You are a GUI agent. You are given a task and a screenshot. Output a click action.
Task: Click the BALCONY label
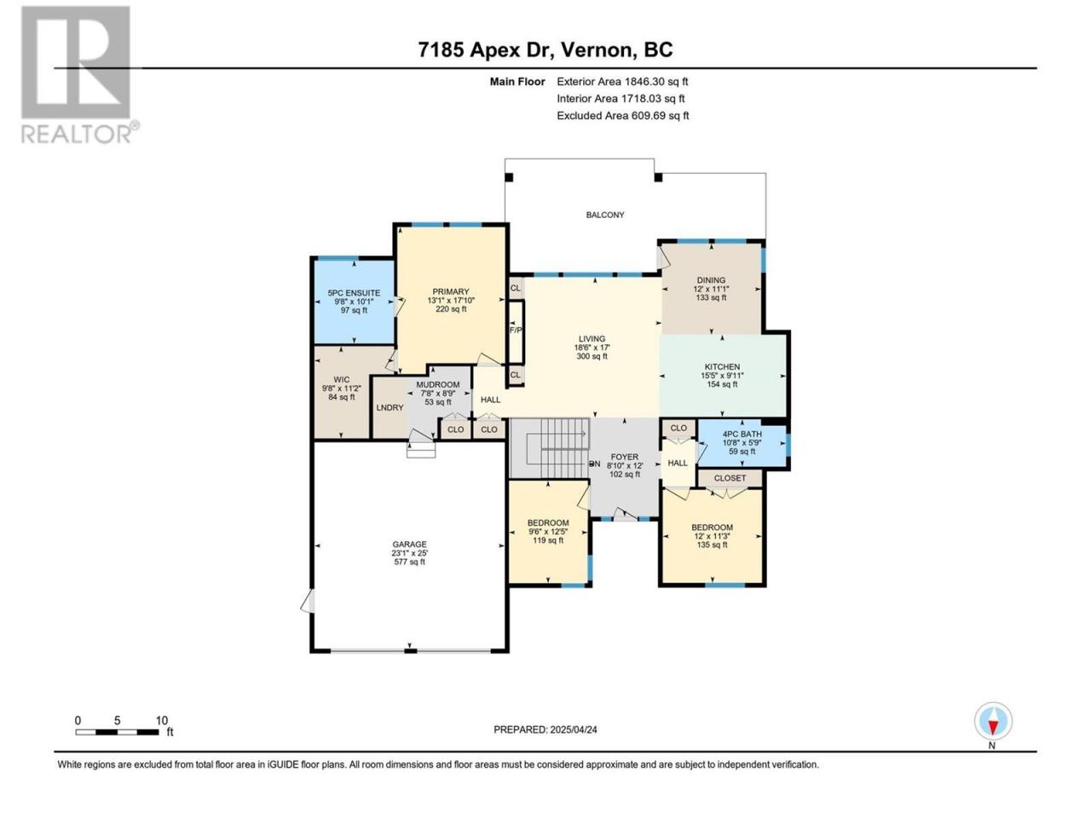(x=605, y=215)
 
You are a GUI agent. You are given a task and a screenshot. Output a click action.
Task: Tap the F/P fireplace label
(x=516, y=330)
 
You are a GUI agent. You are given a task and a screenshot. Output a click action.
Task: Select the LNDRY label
(x=390, y=407)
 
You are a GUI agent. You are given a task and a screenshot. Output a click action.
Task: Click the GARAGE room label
(x=410, y=544)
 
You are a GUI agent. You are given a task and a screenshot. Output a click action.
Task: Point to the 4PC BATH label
(x=742, y=434)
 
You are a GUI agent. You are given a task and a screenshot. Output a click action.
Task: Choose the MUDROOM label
(x=438, y=384)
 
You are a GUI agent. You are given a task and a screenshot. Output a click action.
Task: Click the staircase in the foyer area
(x=550, y=447)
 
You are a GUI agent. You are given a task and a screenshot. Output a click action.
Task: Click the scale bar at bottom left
(x=118, y=732)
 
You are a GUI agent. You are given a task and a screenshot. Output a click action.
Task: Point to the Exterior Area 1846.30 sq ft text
(x=622, y=82)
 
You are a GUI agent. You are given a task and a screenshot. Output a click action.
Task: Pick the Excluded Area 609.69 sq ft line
(x=623, y=115)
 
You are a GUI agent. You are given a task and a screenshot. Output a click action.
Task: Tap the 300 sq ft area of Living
(x=592, y=356)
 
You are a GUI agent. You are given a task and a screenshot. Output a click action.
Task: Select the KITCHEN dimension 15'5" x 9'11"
(x=722, y=376)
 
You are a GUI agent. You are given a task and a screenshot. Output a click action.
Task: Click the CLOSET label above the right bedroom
(x=730, y=478)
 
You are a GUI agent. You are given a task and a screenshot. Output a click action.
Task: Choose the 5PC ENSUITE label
(x=354, y=293)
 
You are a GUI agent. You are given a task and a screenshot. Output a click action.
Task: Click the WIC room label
(x=342, y=379)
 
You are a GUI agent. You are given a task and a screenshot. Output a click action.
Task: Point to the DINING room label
(x=711, y=280)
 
